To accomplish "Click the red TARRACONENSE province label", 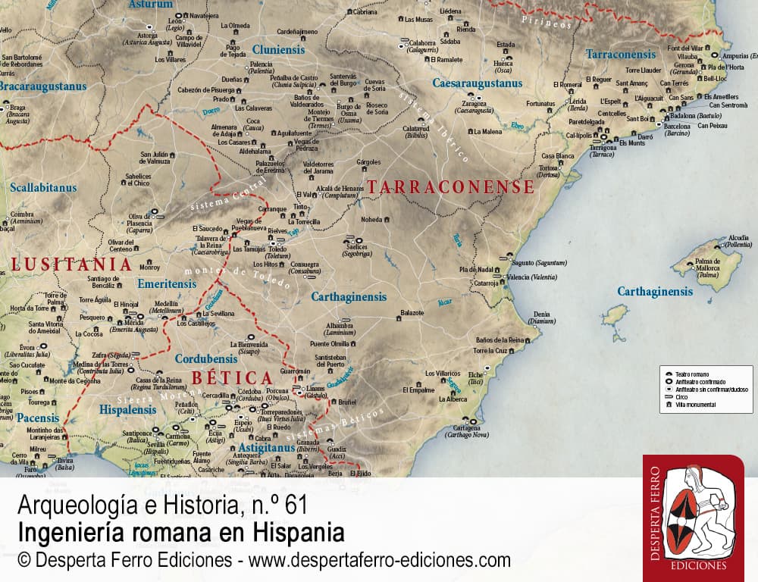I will (x=451, y=186).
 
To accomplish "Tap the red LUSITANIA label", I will (x=72, y=264).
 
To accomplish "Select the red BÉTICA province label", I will (x=231, y=377).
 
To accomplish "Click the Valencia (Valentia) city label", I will (x=532, y=277).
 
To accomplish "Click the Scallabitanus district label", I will (x=43, y=187).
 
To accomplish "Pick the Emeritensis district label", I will (x=167, y=283).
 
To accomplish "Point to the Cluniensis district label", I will (x=278, y=50).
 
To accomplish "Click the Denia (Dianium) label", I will (x=541, y=316).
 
